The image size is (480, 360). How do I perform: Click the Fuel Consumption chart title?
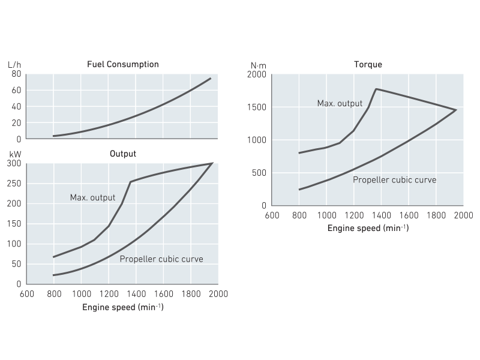123,64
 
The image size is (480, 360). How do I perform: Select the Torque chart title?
368,64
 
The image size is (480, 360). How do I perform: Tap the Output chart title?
123,154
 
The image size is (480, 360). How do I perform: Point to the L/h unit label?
14,64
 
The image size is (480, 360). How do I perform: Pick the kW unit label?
14,154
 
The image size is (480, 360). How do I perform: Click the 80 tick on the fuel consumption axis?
16,74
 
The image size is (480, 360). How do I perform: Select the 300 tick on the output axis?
14,164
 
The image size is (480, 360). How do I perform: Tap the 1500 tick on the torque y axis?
256,107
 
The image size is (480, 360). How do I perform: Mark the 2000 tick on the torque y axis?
256,74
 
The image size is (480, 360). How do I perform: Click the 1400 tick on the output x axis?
136,294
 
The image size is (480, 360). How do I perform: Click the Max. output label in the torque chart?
340,104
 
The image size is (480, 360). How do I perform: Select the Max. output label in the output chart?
92,197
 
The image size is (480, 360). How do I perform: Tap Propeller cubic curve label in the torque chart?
394,179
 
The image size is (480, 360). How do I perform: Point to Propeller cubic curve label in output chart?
161,259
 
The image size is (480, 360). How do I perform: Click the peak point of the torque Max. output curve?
376,89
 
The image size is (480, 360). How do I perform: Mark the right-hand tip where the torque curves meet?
457,110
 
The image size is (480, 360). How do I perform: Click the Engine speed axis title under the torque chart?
367,229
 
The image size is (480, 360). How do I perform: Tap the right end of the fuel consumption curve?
211,78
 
